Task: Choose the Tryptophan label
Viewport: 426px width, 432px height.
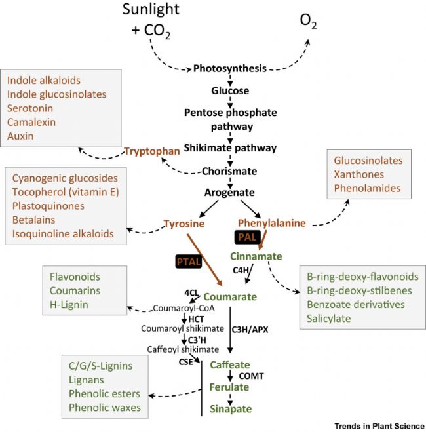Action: tap(152, 151)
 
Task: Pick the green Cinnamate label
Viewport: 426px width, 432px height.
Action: tap(256, 256)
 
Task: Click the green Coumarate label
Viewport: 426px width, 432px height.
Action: tap(230, 296)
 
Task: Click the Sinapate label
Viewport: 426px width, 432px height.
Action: tap(230, 409)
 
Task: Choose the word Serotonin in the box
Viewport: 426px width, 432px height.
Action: tap(30, 108)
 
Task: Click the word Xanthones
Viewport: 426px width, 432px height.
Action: tap(357, 174)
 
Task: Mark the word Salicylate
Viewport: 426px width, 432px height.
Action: tap(329, 319)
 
